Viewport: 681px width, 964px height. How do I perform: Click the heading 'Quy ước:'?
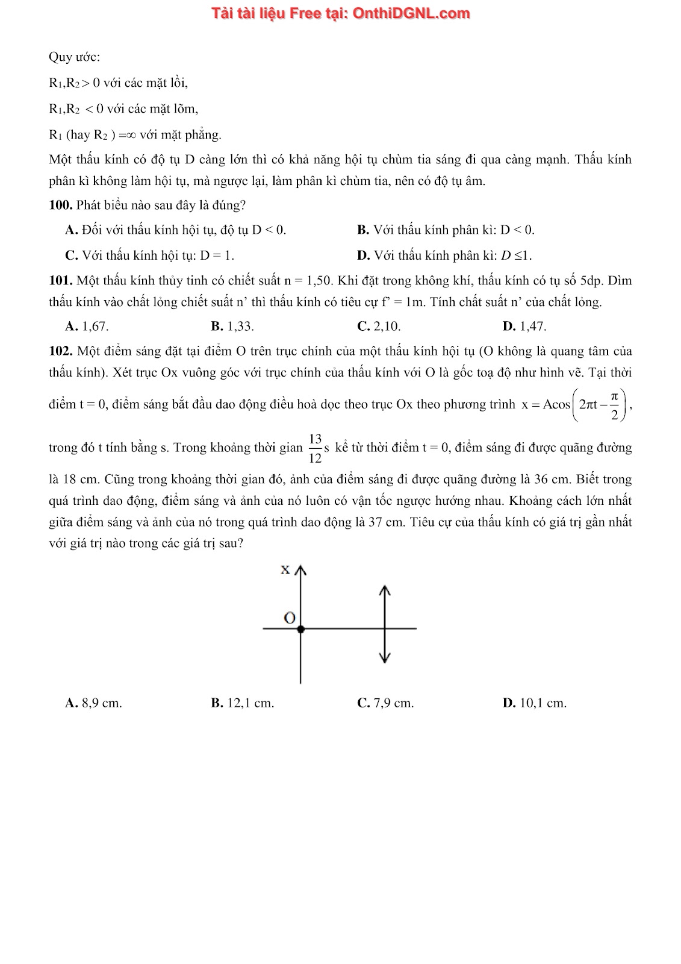pyautogui.click(x=74, y=57)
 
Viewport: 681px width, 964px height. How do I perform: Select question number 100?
pyautogui.click(x=60, y=205)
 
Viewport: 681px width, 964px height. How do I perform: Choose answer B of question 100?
pyautogui.click(x=446, y=230)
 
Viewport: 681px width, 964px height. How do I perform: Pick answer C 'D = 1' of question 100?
pyautogui.click(x=149, y=255)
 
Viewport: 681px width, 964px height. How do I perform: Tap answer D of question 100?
pyautogui.click(x=444, y=255)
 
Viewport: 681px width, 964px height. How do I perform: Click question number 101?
pyautogui.click(x=60, y=281)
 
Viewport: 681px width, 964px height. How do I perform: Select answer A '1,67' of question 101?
pyautogui.click(x=87, y=327)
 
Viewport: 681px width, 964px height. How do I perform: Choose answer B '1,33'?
pyautogui.click(x=232, y=327)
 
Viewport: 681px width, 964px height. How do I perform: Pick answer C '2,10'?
pyautogui.click(x=379, y=327)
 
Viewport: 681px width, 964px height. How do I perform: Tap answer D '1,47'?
pyautogui.click(x=524, y=327)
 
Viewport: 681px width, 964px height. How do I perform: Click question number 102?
pyautogui.click(x=60, y=351)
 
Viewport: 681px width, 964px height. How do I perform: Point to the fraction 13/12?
pyautogui.click(x=315, y=448)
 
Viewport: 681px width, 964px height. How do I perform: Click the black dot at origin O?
pyautogui.click(x=300, y=629)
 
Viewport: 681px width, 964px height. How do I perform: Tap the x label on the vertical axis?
pyautogui.click(x=285, y=569)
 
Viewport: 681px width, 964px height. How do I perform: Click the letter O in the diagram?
pyautogui.click(x=289, y=618)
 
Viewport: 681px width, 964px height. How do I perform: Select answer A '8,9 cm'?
pyautogui.click(x=93, y=703)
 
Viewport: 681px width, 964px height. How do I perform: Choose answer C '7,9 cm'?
pyautogui.click(x=385, y=703)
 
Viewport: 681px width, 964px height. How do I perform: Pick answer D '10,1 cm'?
pyautogui.click(x=534, y=703)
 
